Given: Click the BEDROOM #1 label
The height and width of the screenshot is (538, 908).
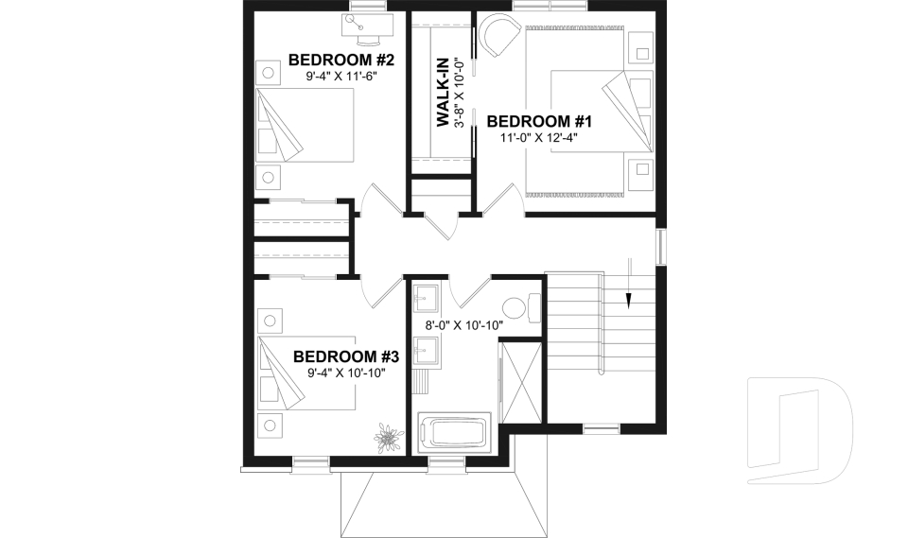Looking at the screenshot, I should (x=539, y=121).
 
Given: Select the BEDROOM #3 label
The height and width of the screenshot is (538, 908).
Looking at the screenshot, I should (x=346, y=356).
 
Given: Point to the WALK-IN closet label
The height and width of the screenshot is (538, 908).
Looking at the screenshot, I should (x=442, y=93).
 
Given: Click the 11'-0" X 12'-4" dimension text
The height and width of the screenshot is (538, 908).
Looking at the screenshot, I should (x=539, y=138).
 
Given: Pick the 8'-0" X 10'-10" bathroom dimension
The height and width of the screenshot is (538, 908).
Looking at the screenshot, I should (x=463, y=325).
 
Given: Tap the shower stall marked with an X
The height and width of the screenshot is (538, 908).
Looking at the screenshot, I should (x=520, y=380).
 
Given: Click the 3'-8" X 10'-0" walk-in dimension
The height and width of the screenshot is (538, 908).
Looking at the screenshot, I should (x=461, y=93).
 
